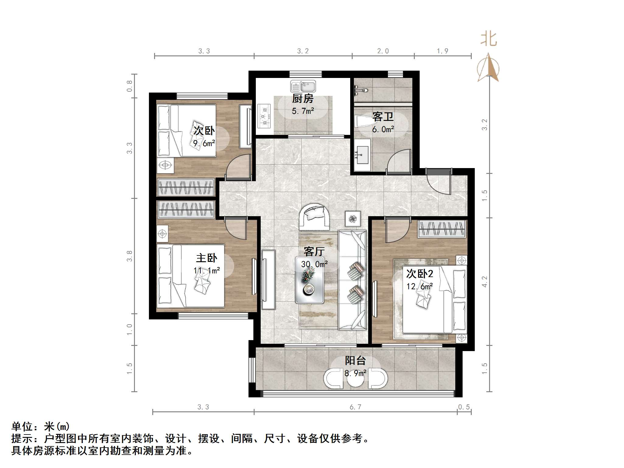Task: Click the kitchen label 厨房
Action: point(302,99)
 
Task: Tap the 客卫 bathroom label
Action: point(383,117)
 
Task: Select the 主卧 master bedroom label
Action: point(206,258)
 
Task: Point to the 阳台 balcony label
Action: point(355,361)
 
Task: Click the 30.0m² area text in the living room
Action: point(314,264)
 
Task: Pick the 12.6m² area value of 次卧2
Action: point(420,286)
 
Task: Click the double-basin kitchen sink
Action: point(303,86)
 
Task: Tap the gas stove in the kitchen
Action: point(264,116)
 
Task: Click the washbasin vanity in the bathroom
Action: point(362,155)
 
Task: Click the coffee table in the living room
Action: point(310,280)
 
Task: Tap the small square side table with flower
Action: point(353,219)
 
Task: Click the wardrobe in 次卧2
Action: point(442,229)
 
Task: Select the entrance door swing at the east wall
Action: point(438,182)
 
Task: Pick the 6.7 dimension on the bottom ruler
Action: point(355,407)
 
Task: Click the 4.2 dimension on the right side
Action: point(485,282)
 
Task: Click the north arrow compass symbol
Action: point(488,67)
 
